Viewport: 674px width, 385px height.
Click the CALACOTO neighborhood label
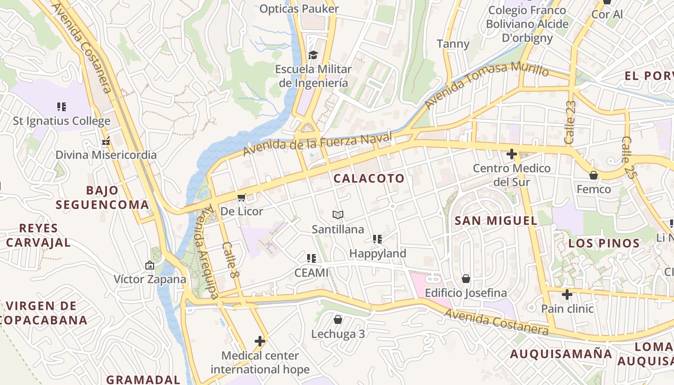coord(369,179)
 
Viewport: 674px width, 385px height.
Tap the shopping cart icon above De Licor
coord(242,198)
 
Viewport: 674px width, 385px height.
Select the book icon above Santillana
coord(338,215)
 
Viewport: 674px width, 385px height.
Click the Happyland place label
coord(377,253)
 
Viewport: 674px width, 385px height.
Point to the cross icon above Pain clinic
coord(567,294)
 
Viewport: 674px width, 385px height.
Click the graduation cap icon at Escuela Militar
coord(313,55)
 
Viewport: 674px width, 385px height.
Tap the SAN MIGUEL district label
coord(496,221)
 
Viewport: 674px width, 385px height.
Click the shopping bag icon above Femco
coord(594,175)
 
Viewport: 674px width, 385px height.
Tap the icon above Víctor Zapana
coord(150,265)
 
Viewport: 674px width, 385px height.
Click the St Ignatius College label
coord(62,121)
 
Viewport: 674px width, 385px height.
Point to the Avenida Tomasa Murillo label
coord(486,84)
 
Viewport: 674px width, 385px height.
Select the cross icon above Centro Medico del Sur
coord(512,154)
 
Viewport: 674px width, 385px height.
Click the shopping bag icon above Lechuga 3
coord(338,320)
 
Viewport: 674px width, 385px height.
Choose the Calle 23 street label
coord(570,122)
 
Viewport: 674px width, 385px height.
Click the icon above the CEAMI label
coord(311,258)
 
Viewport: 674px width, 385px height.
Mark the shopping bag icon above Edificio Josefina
coord(466,279)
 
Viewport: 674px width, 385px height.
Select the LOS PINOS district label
coord(604,243)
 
